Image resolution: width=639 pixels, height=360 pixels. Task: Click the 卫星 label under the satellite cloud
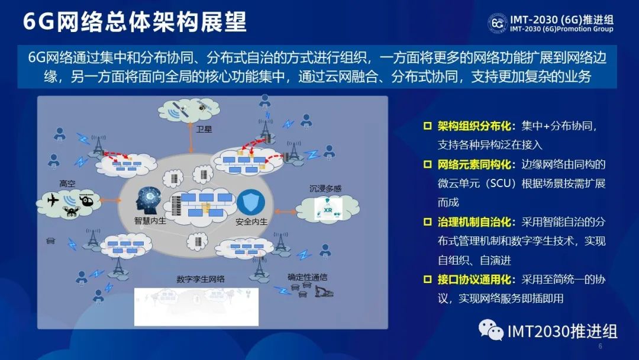tap(204, 129)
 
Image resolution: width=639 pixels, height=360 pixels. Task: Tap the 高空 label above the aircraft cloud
tap(67, 184)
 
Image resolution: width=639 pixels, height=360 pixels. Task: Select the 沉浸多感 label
tap(325, 188)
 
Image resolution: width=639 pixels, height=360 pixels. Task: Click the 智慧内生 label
tap(150, 221)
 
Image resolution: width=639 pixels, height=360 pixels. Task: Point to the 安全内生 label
tap(251, 221)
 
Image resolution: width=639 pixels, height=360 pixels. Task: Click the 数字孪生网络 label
tap(201, 279)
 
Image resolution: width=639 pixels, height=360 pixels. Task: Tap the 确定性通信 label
tap(307, 277)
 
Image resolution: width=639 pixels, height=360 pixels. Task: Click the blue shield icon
tap(251, 202)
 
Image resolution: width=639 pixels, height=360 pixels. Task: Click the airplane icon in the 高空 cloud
tap(53, 200)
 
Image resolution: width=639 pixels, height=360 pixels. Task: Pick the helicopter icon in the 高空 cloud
tap(86, 200)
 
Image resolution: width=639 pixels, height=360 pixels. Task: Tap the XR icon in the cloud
tap(328, 209)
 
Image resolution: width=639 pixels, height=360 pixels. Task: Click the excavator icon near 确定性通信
tap(324, 291)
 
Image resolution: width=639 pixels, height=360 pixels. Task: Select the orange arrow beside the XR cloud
tap(285, 211)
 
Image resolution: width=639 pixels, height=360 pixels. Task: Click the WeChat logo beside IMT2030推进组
tap(490, 329)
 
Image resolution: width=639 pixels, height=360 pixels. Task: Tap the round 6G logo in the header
tap(498, 23)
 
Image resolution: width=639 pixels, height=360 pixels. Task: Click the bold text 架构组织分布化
tap(474, 126)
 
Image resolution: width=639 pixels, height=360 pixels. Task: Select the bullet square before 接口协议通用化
tap(428, 279)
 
